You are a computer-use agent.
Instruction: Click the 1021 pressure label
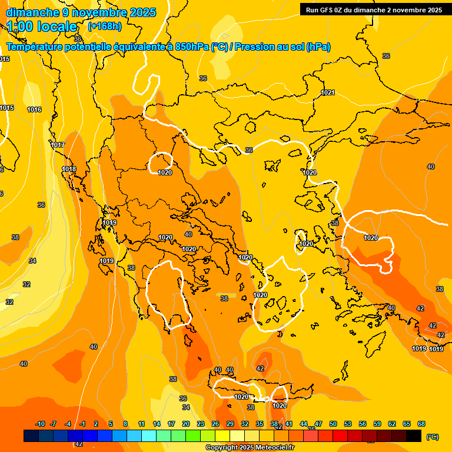pos(328,92)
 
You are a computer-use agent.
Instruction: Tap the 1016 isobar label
pos(34,109)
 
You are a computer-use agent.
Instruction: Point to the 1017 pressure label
pos(58,145)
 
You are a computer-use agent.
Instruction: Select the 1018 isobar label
pos(69,169)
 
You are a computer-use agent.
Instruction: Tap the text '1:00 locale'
pos(42,26)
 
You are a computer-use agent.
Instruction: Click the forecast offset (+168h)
pos(104,26)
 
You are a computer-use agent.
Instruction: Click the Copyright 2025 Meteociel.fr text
pos(250,448)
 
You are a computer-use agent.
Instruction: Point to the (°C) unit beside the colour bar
pos(432,437)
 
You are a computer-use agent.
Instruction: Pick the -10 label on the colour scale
pos(40,424)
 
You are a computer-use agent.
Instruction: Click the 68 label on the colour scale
pos(421,424)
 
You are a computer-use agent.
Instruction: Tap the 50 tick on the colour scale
pos(333,424)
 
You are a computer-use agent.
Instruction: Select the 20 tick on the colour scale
pos(186,424)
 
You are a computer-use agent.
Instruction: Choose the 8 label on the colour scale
pos(125,424)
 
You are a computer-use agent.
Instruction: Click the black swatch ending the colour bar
pos(414,436)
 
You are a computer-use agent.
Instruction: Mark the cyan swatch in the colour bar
pos(149,436)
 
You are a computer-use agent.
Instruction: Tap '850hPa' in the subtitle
pos(191,47)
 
